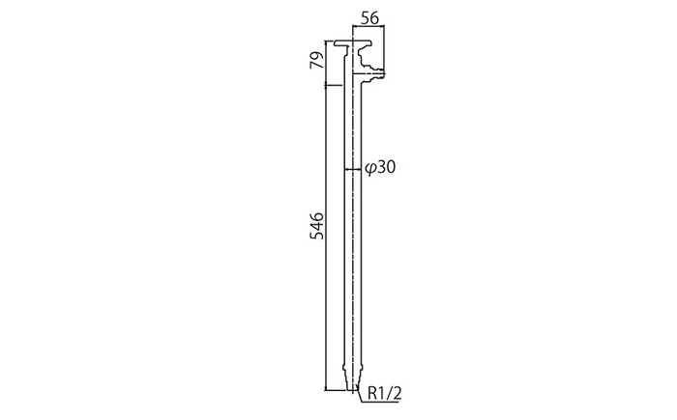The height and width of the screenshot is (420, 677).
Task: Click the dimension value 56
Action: tap(369, 18)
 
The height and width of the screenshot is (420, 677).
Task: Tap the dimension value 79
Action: tap(317, 60)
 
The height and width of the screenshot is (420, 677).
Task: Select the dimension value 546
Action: tap(316, 226)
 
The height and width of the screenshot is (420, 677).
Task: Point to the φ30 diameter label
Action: tap(380, 167)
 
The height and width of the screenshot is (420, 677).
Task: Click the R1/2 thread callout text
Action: tap(384, 393)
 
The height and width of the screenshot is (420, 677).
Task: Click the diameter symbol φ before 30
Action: tap(370, 168)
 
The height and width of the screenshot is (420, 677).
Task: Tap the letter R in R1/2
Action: tap(372, 393)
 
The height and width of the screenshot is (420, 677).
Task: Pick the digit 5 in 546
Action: tap(316, 236)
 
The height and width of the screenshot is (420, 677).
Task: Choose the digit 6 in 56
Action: tap(374, 18)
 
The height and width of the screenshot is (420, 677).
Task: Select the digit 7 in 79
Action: tap(317, 65)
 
